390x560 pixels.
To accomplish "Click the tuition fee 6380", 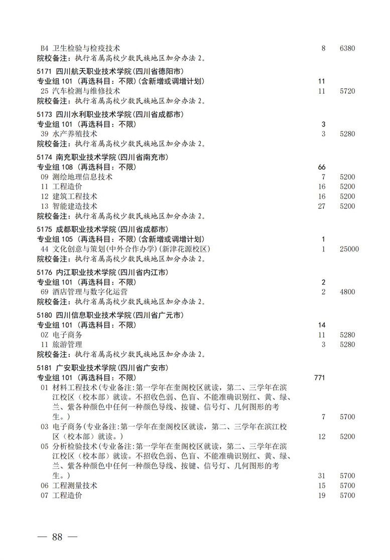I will tap(347, 49).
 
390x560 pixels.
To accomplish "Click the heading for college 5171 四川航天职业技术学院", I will tap(110, 72).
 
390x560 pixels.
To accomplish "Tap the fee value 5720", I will tap(347, 91).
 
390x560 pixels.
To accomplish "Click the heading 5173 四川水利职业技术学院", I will tap(110, 114).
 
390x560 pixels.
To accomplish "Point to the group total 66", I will tap(322, 167).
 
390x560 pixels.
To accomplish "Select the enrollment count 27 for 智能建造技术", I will tap(322, 206).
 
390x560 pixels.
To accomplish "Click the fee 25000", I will tap(349, 249).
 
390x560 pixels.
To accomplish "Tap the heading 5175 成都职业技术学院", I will tap(102, 229).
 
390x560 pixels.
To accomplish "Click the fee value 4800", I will tap(347, 292).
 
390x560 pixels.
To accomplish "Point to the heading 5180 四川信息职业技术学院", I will tap(110, 315).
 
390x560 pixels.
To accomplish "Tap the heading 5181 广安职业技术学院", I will tap(102, 368).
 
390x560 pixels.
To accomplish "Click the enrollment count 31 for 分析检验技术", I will tap(322, 476).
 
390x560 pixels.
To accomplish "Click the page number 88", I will tap(57, 537).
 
